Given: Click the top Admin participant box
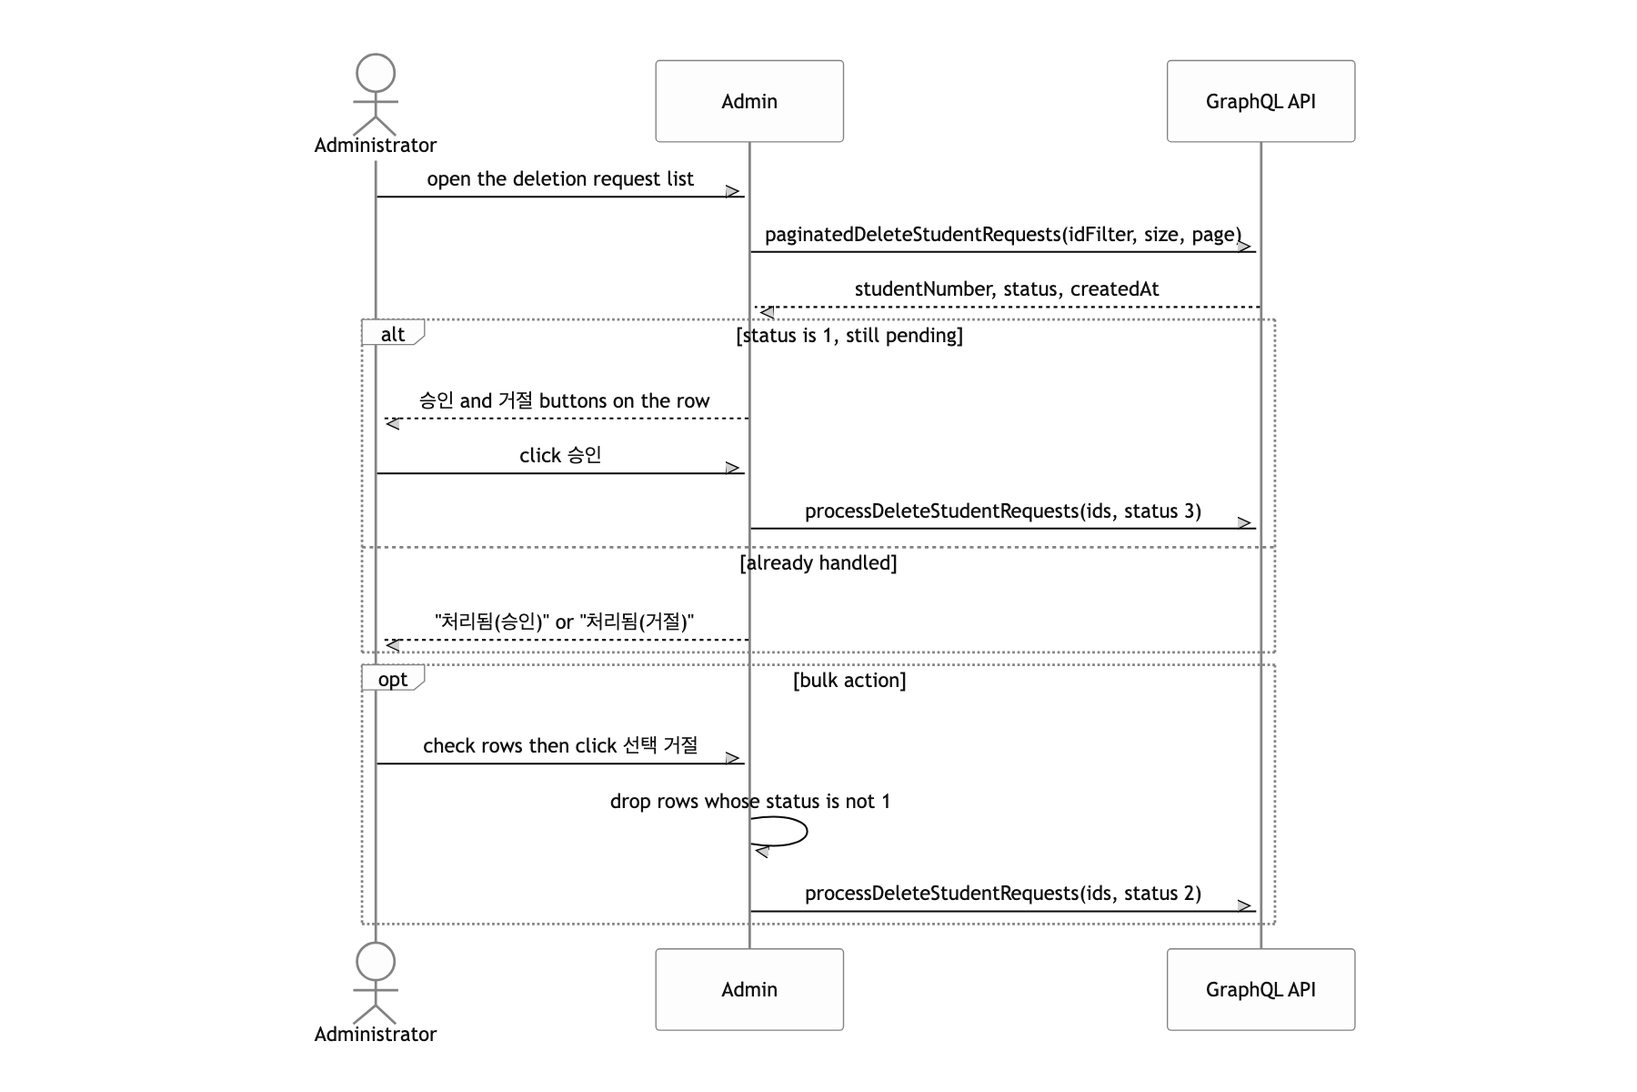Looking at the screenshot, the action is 749,101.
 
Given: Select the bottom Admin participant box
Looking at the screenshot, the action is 749,989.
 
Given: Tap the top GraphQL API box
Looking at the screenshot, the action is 1260,101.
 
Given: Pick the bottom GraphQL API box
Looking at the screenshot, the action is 1260,989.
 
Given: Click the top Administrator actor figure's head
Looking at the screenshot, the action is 376,73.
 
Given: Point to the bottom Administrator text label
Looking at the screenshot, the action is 376,1034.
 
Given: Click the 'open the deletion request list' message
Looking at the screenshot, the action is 560,179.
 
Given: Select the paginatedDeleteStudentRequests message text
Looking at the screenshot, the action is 1003,235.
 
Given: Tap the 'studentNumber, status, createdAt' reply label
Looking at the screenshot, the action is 1007,289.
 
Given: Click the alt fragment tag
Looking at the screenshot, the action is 393,333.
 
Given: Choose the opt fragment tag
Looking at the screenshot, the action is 393,679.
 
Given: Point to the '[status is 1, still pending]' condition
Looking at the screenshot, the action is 849,336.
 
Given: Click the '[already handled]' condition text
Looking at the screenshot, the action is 818,563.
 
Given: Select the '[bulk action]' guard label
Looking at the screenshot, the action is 849,681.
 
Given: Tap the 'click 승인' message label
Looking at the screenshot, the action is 560,455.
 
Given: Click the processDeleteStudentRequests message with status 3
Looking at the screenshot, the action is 1003,511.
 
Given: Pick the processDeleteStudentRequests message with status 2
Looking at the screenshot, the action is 1003,894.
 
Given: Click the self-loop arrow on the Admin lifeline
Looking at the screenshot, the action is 807,832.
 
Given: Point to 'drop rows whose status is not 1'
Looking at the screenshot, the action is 750,802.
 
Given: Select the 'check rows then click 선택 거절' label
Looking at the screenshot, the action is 560,746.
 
